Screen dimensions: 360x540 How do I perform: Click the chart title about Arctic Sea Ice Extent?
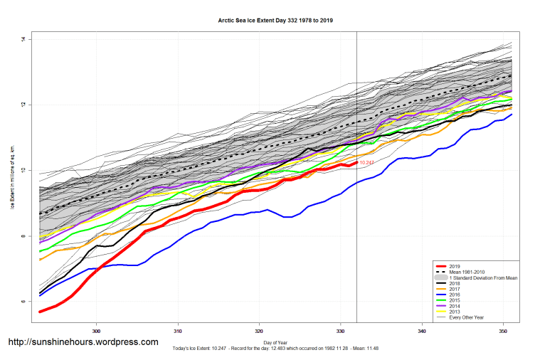pyautogui.click(x=275, y=21)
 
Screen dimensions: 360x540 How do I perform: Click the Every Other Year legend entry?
pyautogui.click(x=467, y=317)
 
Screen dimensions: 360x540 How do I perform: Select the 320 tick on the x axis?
pyautogui.click(x=260, y=331)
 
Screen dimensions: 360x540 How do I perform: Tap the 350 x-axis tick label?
pyautogui.click(x=504, y=331)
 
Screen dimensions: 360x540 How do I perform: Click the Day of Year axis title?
pyautogui.click(x=275, y=343)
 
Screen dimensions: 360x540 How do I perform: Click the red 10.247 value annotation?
pyautogui.click(x=367, y=163)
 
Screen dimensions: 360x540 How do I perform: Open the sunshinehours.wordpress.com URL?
pyautogui.click(x=83, y=342)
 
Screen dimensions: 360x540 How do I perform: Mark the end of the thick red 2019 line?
pyautogui.click(x=356, y=163)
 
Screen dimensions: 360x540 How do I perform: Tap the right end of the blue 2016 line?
pyautogui.click(x=512, y=115)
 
